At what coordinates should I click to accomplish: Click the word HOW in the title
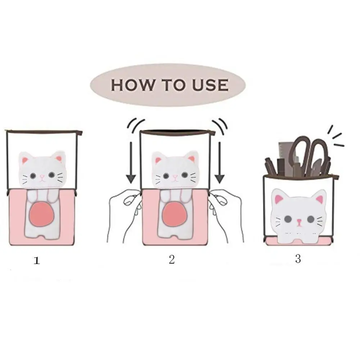point(133,85)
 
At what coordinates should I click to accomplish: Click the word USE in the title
point(210,85)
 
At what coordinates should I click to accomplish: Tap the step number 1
point(37,261)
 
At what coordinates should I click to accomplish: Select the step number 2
point(172,260)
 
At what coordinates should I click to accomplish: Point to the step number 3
point(298,259)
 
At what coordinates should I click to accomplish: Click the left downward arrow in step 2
point(131,163)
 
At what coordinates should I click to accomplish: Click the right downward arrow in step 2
point(220,163)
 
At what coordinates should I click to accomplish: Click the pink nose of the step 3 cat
point(299,221)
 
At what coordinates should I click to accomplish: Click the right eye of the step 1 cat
point(51,175)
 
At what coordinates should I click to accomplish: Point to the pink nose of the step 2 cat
point(175,176)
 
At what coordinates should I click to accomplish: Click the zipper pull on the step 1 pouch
point(79,132)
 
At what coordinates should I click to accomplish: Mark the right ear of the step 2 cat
point(191,159)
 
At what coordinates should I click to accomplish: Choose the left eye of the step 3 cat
point(287,219)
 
